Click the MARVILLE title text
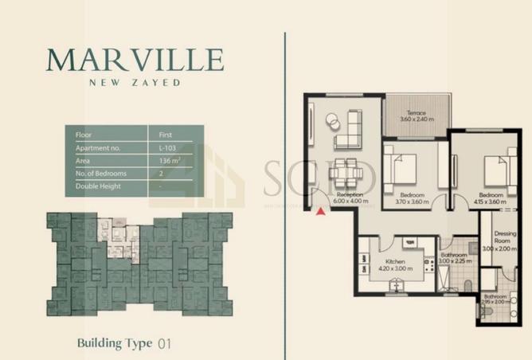pos(135,60)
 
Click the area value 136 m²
pos(168,161)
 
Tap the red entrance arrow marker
pos(320,211)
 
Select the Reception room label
pos(350,195)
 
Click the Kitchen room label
pos(396,262)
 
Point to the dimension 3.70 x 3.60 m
pos(412,202)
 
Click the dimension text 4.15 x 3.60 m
pos(490,202)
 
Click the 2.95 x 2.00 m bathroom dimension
pos(496,302)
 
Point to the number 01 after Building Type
pos(164,344)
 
